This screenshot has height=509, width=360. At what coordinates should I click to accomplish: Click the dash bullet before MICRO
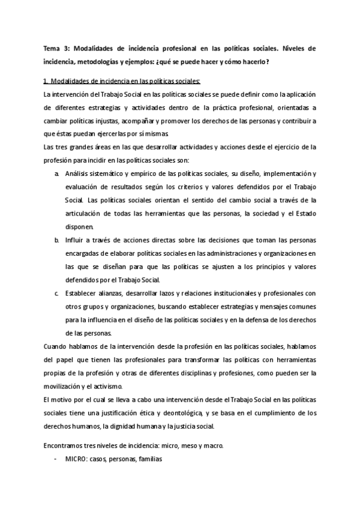[x=56, y=459]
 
